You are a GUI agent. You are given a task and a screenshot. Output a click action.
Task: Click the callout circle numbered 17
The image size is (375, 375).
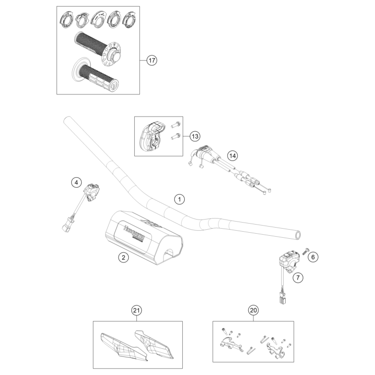click(x=152, y=61)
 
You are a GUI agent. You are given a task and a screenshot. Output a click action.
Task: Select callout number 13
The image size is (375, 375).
click(x=195, y=136)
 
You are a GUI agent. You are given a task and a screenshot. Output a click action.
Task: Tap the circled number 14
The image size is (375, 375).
click(x=232, y=155)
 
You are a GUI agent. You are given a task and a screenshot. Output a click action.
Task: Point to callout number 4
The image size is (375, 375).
click(x=76, y=182)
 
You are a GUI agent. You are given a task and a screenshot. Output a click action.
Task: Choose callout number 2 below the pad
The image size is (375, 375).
click(x=123, y=257)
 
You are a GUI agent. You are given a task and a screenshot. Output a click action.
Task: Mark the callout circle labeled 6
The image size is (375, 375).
click(x=313, y=257)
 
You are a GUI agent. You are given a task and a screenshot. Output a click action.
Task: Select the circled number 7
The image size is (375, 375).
click(x=298, y=277)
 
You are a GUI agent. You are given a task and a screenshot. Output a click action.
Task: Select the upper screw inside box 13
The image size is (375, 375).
click(x=176, y=125)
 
